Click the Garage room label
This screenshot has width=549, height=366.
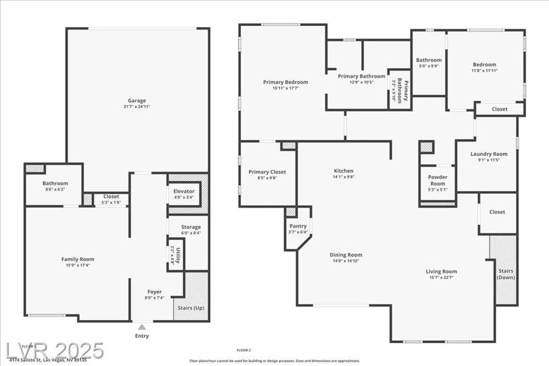pyautogui.click(x=137, y=101)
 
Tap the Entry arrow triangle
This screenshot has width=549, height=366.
pyautogui.click(x=142, y=327)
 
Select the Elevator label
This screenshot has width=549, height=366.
pyautogui.click(x=184, y=191)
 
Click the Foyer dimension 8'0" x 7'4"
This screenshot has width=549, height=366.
pyautogui.click(x=154, y=298)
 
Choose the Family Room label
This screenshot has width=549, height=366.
pyautogui.click(x=78, y=259)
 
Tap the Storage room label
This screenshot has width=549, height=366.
pyautogui.click(x=191, y=227)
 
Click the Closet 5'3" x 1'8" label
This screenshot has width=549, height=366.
pyautogui.click(x=111, y=197)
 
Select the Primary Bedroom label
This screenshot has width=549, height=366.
pyautogui.click(x=285, y=82)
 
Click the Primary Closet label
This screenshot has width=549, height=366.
pyautogui.click(x=267, y=172)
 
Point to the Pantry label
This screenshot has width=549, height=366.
pyautogui.click(x=298, y=226)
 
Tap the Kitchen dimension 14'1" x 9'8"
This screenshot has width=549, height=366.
pyautogui.click(x=343, y=177)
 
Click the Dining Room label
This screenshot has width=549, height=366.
pyautogui.click(x=346, y=255)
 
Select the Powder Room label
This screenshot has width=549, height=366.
pyautogui.click(x=438, y=180)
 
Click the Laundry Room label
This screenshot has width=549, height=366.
pyautogui.click(x=489, y=154)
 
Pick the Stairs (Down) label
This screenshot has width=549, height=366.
pyautogui.click(x=506, y=274)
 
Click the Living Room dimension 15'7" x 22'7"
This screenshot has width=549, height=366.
pyautogui.click(x=441, y=277)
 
